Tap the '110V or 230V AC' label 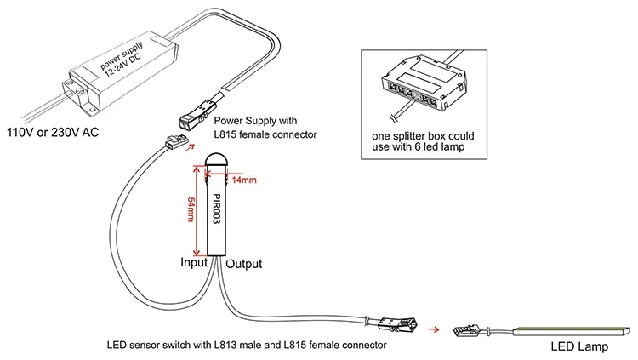[53, 133]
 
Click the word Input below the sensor [195, 263]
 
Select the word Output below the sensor [243, 263]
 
